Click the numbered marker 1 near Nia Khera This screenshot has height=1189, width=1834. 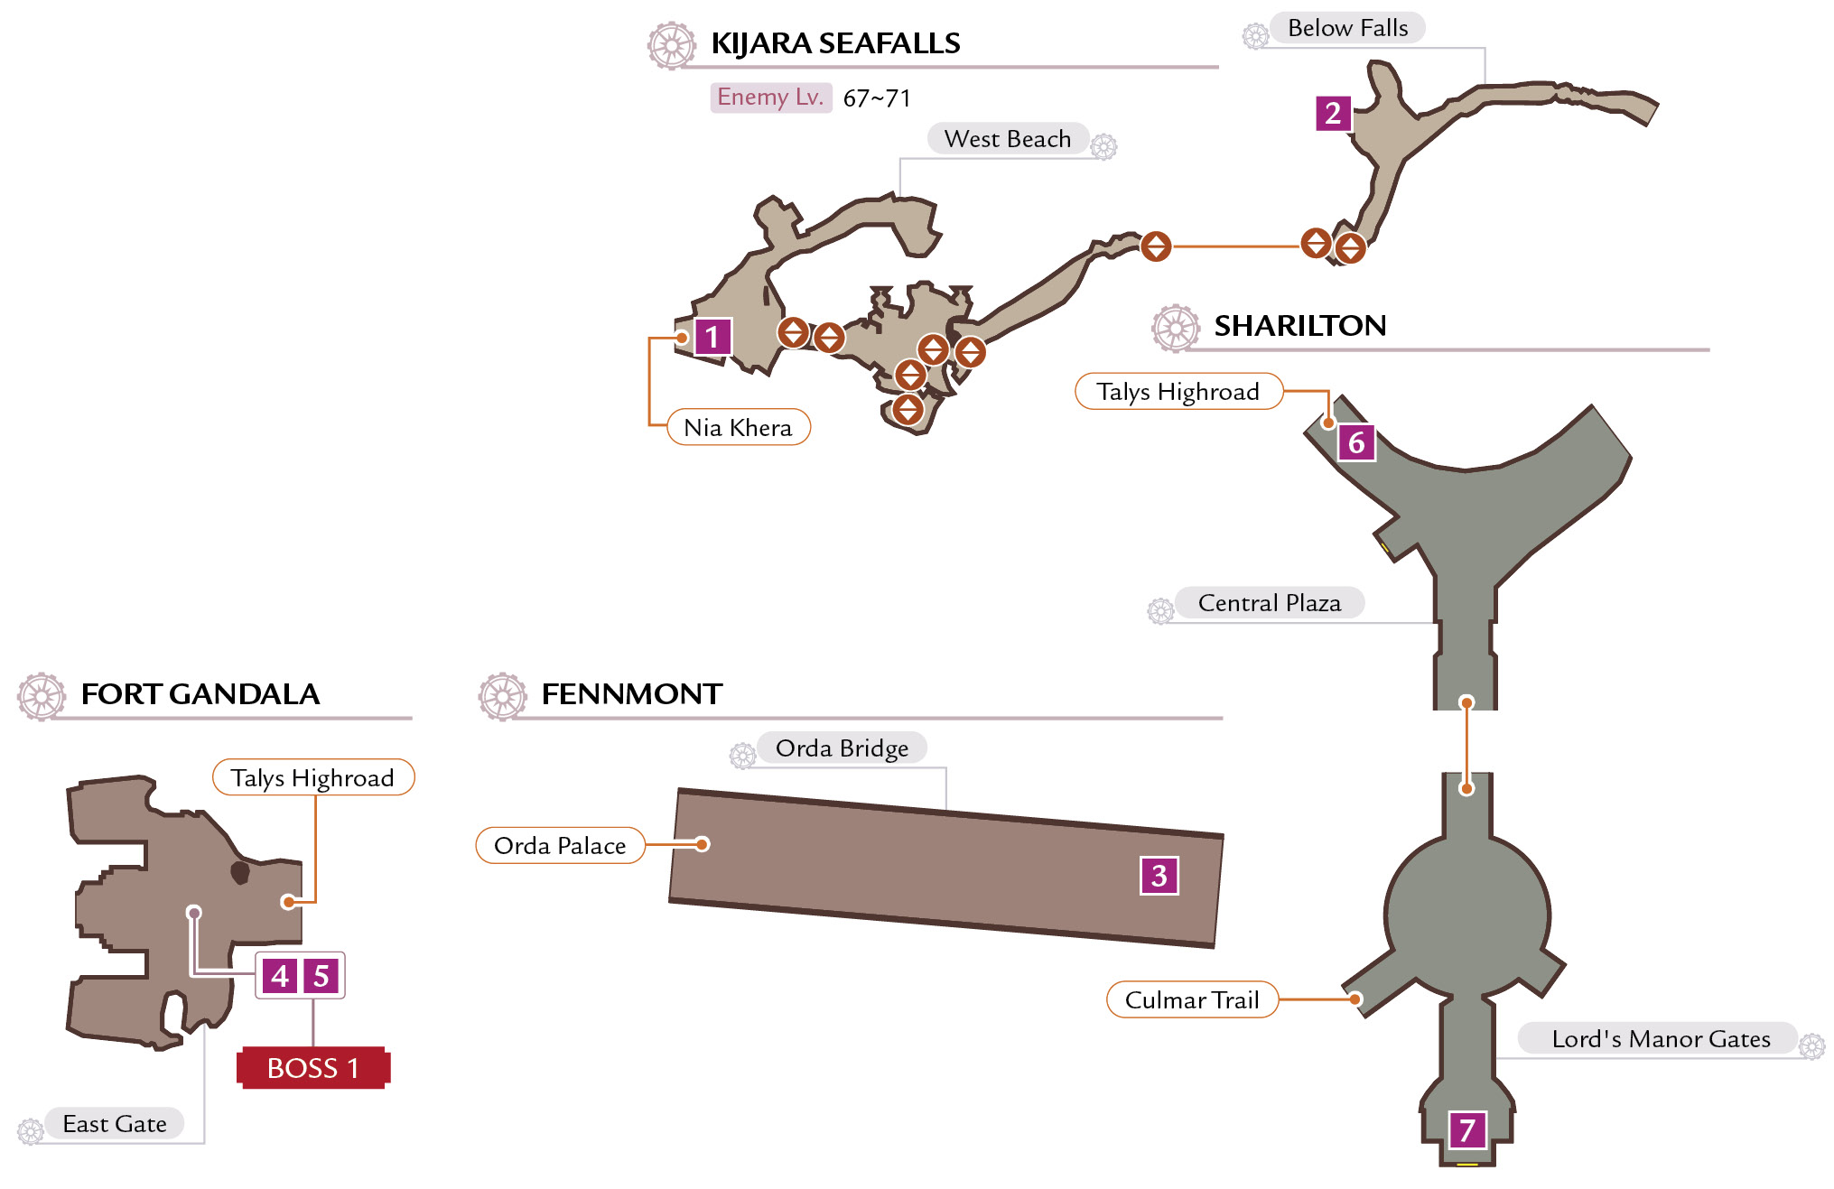coord(712,337)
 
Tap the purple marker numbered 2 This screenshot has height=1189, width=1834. coord(1333,113)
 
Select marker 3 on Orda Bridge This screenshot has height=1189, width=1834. coord(1159,875)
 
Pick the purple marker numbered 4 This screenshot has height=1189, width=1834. coord(280,975)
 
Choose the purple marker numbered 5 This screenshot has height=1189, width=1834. coord(321,975)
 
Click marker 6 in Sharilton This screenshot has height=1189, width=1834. coord(1356,442)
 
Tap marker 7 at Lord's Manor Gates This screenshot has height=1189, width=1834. coord(1467,1129)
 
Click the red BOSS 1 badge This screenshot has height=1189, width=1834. coord(313,1068)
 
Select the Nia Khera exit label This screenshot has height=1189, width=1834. coord(739,427)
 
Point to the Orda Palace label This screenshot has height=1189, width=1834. coord(560,845)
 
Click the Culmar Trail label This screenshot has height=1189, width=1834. coord(1192,999)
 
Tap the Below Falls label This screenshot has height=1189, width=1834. coord(1347,28)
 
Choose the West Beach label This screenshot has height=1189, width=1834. coord(1008,139)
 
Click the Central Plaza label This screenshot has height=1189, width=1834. coord(1269,603)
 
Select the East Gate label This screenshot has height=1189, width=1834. coord(115,1124)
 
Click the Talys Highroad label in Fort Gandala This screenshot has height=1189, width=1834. coord(312,777)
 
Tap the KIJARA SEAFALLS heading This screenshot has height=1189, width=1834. coord(835,43)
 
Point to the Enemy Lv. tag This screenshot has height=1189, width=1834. coord(770,97)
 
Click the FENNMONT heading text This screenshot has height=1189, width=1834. coord(631,694)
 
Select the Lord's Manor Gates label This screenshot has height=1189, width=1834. coord(1661,1039)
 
